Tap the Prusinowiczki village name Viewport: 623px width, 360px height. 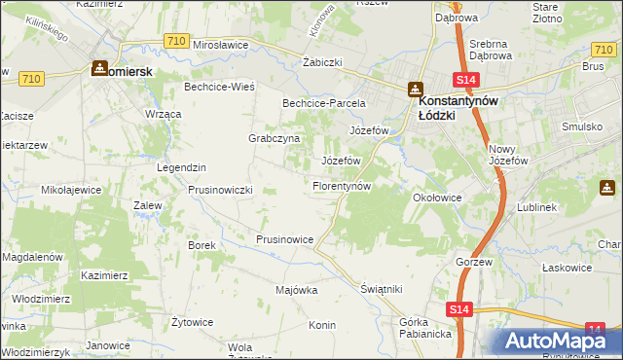click(x=220, y=190)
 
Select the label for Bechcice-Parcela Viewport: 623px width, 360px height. click(x=323, y=102)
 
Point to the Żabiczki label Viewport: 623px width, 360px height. click(x=321, y=62)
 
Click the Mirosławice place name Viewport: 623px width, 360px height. click(x=222, y=45)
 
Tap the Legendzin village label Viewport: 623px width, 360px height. click(x=181, y=167)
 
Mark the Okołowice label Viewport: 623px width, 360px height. click(x=436, y=197)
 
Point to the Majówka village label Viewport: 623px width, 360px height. click(x=297, y=290)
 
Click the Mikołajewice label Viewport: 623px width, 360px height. click(x=67, y=190)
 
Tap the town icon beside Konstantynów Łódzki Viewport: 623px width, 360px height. click(x=416, y=88)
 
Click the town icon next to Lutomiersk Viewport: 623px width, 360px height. click(x=98, y=69)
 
